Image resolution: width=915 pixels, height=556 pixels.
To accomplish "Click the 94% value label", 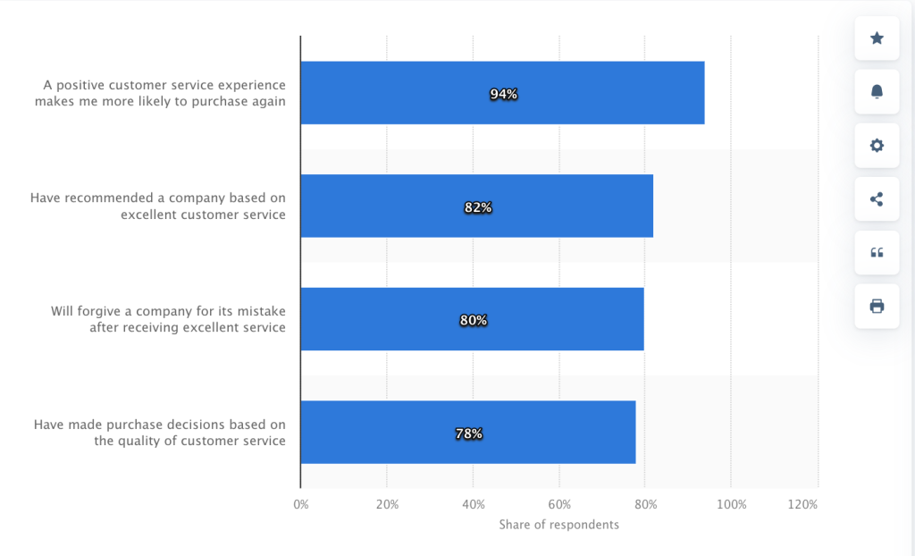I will [503, 94].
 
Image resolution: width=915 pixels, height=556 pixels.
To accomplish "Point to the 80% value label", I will [473, 320].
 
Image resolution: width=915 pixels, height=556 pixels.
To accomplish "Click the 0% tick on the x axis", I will [301, 504].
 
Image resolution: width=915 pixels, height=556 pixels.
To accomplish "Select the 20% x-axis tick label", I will [387, 504].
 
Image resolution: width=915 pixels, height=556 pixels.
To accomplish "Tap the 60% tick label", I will [559, 504].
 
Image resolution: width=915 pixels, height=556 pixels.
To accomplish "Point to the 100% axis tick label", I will [731, 504].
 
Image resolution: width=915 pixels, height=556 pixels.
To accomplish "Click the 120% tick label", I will [802, 504].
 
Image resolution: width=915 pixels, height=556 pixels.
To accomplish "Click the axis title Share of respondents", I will [558, 525].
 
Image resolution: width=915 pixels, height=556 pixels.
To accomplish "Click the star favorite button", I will [877, 38].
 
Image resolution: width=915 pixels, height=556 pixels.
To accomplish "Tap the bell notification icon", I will [877, 92].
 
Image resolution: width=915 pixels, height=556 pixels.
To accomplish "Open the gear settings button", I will [877, 146].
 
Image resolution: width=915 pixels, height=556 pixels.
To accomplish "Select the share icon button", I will [877, 199].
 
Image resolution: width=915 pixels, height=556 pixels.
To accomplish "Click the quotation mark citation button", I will [877, 253].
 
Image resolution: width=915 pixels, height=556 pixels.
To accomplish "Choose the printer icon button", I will [877, 307].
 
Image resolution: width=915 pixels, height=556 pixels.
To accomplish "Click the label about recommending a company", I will [158, 206].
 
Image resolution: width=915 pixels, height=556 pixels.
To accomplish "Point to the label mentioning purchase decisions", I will [160, 433].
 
